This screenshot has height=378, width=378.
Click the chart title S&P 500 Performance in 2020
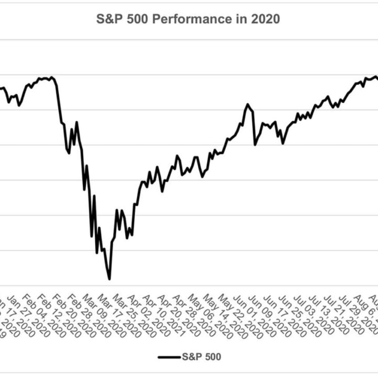pyautogui.click(x=188, y=19)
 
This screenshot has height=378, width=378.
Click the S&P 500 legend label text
pyautogui.click(x=201, y=356)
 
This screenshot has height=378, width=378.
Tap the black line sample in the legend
pyautogui.click(x=169, y=357)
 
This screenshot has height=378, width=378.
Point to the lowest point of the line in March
pyautogui.click(x=109, y=279)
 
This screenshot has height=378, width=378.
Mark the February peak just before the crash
pyautogui.click(x=52, y=77)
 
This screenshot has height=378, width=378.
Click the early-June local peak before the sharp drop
pyautogui.click(x=248, y=104)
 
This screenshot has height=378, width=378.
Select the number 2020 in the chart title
pyautogui.click(x=266, y=19)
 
